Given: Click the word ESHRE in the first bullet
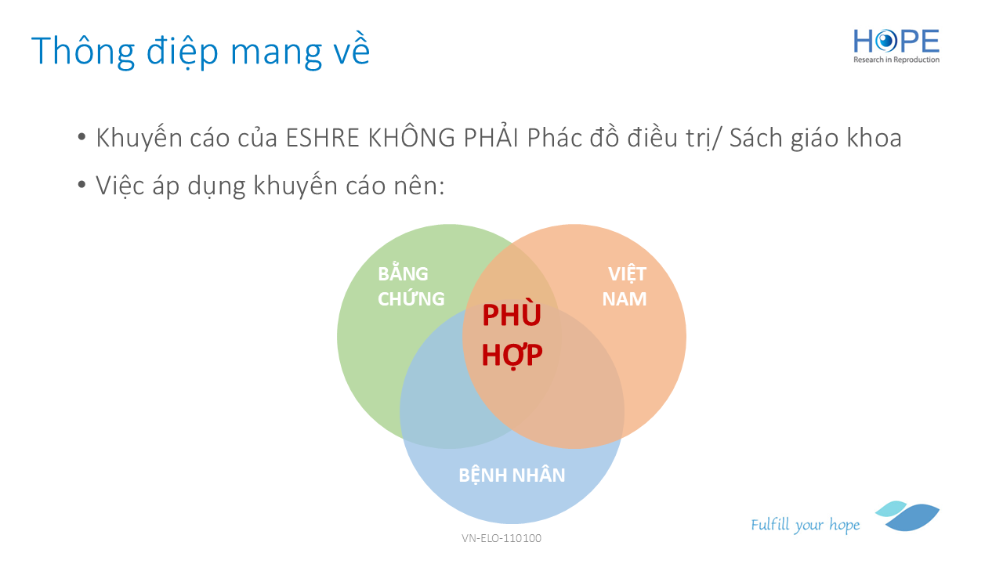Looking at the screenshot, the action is coord(322,138).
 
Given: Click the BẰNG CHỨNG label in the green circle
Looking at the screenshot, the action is coord(411,286).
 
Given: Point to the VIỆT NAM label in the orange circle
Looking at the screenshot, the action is coord(625,287).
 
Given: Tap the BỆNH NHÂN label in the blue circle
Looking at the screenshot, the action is coord(512,475).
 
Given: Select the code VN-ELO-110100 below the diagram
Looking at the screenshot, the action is coord(501,538).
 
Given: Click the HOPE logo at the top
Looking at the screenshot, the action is coord(896,45).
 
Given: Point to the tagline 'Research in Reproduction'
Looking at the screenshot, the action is coord(896,60).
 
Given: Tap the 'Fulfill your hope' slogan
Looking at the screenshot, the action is coord(805,525).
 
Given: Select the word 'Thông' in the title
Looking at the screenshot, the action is coord(83,52).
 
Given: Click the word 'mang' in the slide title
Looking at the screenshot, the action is coord(276,56).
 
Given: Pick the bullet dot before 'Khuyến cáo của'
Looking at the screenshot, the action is coord(81,136).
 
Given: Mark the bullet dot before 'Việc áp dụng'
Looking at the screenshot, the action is coord(81,184).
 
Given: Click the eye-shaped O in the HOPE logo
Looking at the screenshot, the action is coord(885,42).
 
